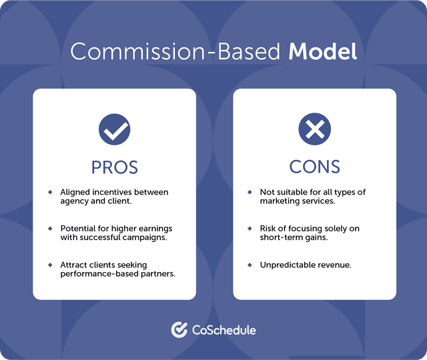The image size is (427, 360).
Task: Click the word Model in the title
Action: [x=322, y=51]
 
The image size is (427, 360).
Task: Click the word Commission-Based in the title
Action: [x=176, y=51]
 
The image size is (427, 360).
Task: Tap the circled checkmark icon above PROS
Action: [x=114, y=129]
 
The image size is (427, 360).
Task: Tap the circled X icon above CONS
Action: [x=314, y=129]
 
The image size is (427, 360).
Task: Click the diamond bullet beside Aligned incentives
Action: [x=50, y=192]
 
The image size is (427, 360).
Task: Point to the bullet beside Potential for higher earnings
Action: [x=50, y=228]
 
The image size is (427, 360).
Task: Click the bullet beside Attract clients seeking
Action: [x=50, y=265]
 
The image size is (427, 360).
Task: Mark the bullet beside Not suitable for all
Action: [x=250, y=192]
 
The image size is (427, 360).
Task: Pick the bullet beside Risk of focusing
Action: [x=250, y=228]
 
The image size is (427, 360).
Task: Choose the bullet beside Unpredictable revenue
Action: [x=250, y=265]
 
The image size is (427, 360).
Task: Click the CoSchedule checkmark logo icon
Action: [x=178, y=329]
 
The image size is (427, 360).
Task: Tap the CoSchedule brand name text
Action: [x=224, y=329]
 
